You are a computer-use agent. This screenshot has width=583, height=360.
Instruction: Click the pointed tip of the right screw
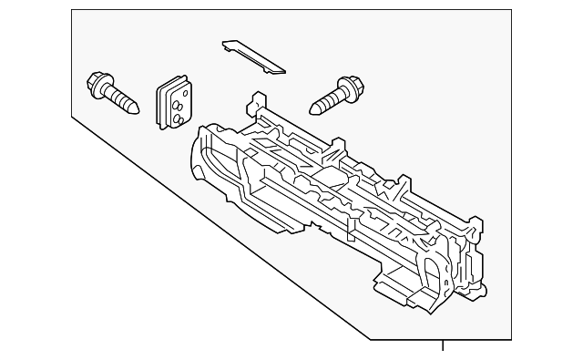[x=312, y=111]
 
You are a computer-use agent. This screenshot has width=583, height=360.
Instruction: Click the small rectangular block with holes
[x=175, y=102]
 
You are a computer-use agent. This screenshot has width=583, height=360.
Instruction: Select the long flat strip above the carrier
[x=252, y=56]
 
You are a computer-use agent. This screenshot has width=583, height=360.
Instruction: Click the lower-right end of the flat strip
[x=279, y=69]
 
